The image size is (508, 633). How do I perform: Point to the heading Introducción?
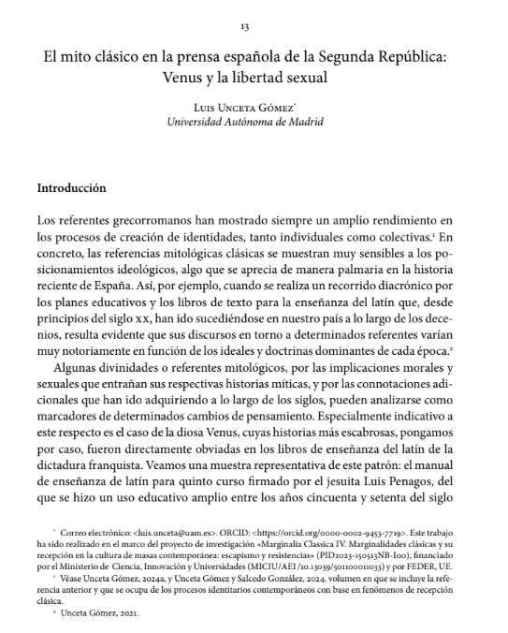pos(71,187)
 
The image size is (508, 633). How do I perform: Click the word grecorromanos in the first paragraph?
pos(136,219)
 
